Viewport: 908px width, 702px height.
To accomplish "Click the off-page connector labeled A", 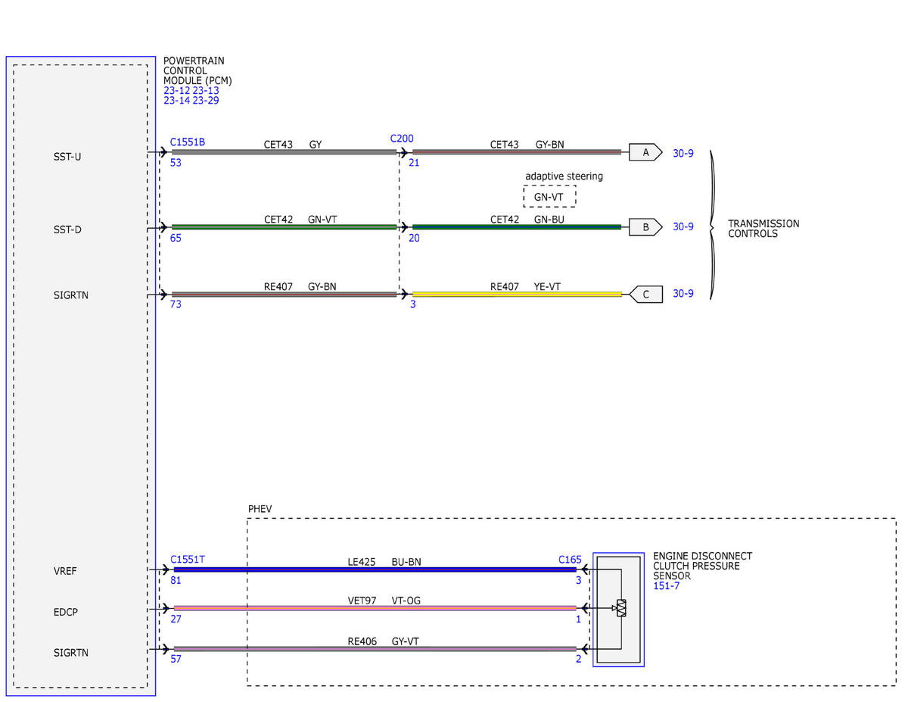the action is pyautogui.click(x=645, y=152).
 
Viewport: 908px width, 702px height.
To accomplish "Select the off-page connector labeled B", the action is pyautogui.click(x=645, y=227).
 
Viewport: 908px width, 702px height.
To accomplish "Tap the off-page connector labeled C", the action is pyautogui.click(x=646, y=295).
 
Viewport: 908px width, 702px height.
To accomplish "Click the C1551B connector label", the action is pyautogui.click(x=187, y=142).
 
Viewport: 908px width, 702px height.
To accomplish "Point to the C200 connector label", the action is pyautogui.click(x=402, y=139).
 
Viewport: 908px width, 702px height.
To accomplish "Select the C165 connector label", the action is pyautogui.click(x=570, y=560).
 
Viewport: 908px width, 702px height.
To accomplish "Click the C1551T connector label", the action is pyautogui.click(x=187, y=560).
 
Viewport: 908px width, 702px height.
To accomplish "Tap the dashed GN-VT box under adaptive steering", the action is pyautogui.click(x=549, y=196).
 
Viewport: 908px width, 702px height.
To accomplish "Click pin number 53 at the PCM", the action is pyautogui.click(x=176, y=163).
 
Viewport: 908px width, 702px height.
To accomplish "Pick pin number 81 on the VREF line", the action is pyautogui.click(x=176, y=580).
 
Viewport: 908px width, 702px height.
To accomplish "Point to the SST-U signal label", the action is pyautogui.click(x=67, y=157).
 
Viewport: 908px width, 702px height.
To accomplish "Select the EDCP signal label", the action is pyautogui.click(x=66, y=612).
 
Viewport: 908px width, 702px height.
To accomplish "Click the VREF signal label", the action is pyautogui.click(x=65, y=571).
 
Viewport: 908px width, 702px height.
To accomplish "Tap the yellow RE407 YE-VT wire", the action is pyautogui.click(x=517, y=295).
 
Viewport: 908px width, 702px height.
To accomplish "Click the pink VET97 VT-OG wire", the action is pyautogui.click(x=375, y=608).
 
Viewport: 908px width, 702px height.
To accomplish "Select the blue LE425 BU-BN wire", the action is pyautogui.click(x=375, y=569).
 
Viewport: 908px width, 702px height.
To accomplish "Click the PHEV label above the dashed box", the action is pyautogui.click(x=260, y=509).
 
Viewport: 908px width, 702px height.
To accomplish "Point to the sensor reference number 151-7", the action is pyautogui.click(x=666, y=586).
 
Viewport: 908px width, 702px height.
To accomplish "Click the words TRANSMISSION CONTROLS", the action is pyautogui.click(x=763, y=229).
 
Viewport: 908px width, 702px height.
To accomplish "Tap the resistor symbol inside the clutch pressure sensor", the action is pyautogui.click(x=621, y=608).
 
